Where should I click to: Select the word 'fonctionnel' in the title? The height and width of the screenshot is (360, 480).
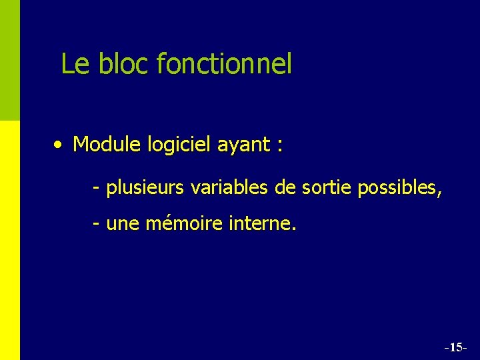pyautogui.click(x=224, y=64)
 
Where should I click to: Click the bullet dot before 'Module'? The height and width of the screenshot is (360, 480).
pyautogui.click(x=60, y=144)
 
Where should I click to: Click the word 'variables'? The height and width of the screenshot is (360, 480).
pyautogui.click(x=229, y=188)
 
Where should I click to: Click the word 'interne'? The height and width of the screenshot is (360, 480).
pyautogui.click(x=261, y=225)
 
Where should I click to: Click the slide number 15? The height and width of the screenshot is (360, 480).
pyautogui.click(x=456, y=347)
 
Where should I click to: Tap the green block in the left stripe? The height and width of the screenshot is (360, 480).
pyautogui.click(x=10, y=60)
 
